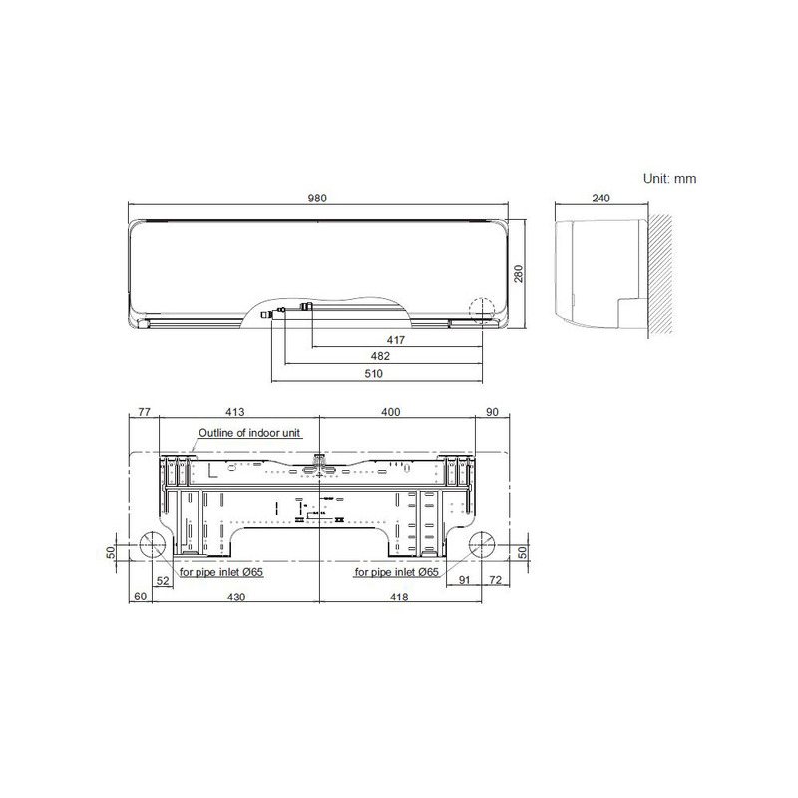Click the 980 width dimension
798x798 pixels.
(x=317, y=199)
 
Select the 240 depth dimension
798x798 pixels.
(x=600, y=199)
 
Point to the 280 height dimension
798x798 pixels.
(x=519, y=273)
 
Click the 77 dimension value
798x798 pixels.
(x=144, y=411)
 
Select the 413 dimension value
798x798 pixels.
(x=235, y=411)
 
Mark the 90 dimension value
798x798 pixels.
(x=491, y=411)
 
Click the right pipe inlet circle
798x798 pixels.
(x=483, y=547)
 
